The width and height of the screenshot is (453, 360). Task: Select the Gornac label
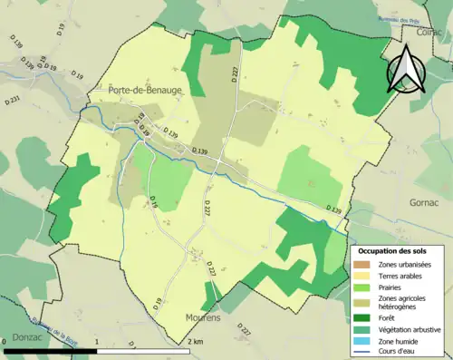coord(424,202)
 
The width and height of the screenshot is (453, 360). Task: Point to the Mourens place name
coord(204,318)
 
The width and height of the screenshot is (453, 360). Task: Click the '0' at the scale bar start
coord(5,342)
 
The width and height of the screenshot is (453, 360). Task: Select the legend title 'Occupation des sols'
coord(394,249)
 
